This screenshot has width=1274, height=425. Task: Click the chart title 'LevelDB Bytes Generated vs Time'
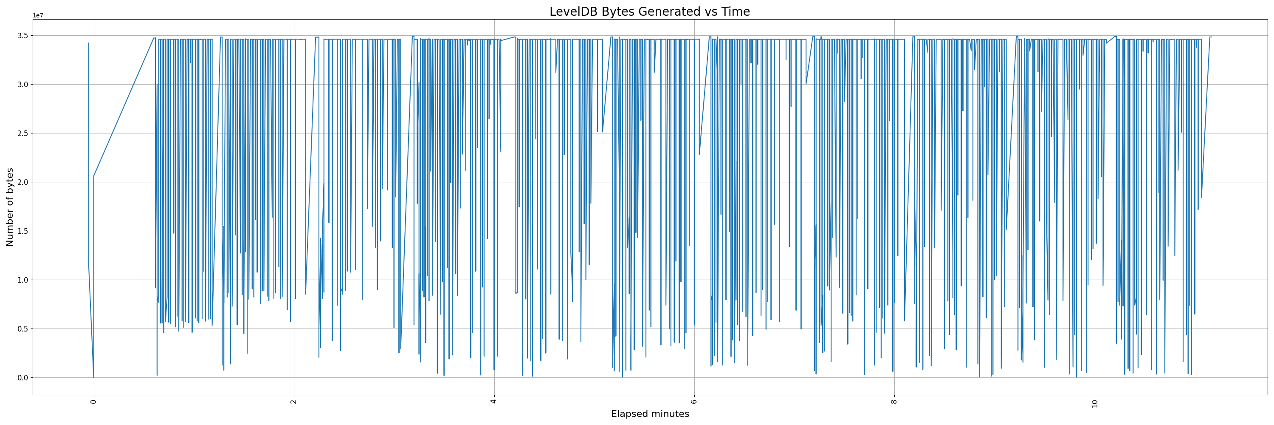point(649,12)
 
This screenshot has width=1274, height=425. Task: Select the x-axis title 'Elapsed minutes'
point(650,414)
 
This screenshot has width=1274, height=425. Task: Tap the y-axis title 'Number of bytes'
point(10,207)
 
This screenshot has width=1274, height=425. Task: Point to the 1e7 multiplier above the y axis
point(38,15)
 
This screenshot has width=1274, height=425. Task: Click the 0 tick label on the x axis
point(93,402)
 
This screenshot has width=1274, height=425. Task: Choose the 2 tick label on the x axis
point(294,402)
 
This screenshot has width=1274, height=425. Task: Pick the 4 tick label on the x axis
point(494,402)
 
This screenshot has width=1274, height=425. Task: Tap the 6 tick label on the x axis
point(694,402)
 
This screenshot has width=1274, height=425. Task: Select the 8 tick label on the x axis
point(894,402)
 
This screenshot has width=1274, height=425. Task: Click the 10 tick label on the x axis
point(1094,403)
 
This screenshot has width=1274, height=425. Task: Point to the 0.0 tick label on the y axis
point(23,378)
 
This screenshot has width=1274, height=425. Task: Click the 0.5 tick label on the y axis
point(23,329)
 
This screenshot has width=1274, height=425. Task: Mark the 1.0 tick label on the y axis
point(23,280)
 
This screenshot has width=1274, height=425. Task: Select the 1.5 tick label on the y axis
point(23,231)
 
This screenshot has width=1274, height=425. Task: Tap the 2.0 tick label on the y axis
point(23,182)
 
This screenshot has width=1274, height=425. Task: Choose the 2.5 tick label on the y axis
point(23,133)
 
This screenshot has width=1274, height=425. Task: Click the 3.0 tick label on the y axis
point(23,85)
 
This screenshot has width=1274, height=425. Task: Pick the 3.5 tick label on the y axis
point(23,36)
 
